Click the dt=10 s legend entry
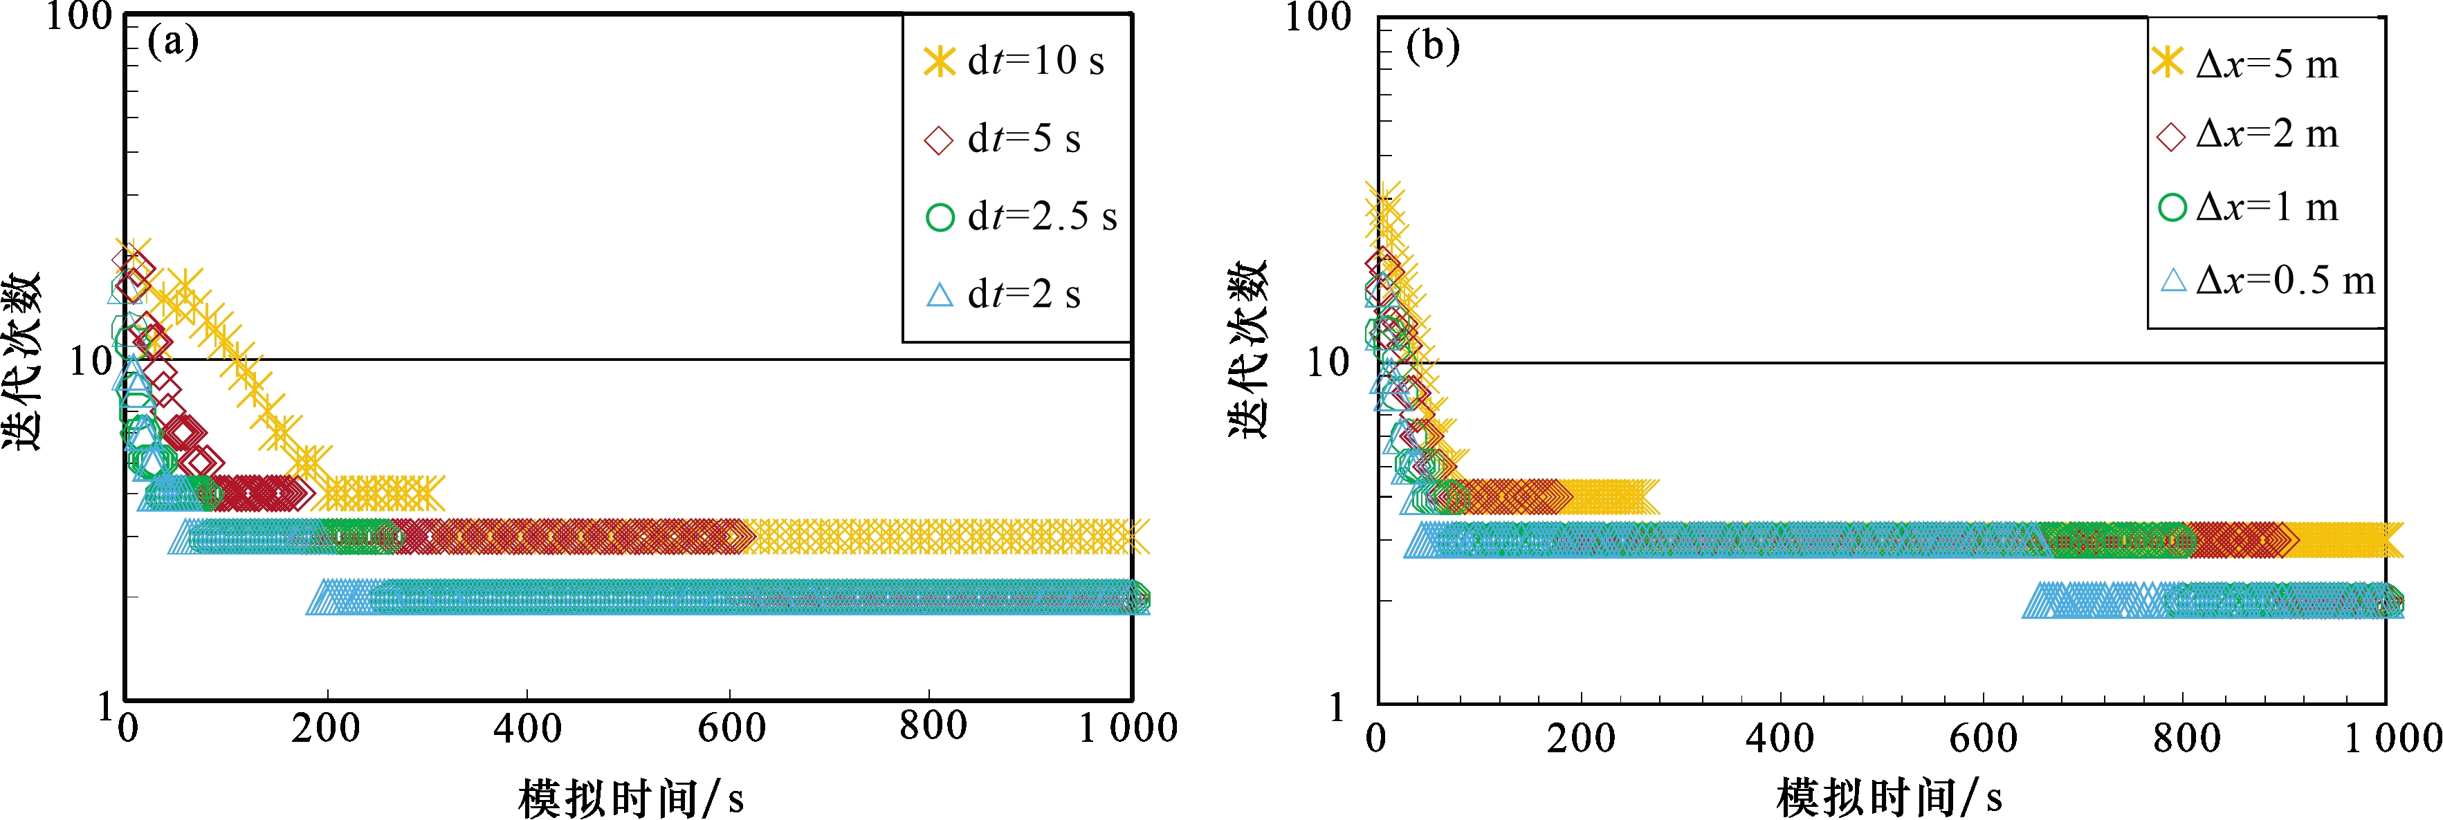[1015, 62]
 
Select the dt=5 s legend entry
[1003, 140]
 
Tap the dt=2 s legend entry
[1003, 295]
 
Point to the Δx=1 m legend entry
[2248, 207]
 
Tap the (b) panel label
[1432, 46]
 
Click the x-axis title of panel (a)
[631, 797]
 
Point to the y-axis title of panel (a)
[23, 360]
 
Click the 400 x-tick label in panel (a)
[527, 728]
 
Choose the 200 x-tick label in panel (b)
[1581, 738]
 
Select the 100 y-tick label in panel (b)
[1317, 18]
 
